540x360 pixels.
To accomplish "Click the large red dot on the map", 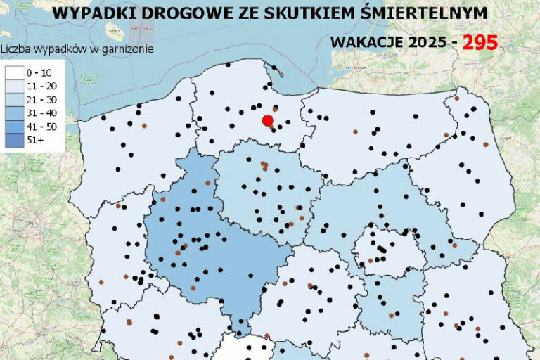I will tap(267, 121).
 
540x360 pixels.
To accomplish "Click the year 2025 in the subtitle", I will tap(426, 42).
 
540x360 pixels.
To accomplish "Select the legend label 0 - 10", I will tap(39, 72).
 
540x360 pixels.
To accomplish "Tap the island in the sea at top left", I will tap(112, 30).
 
